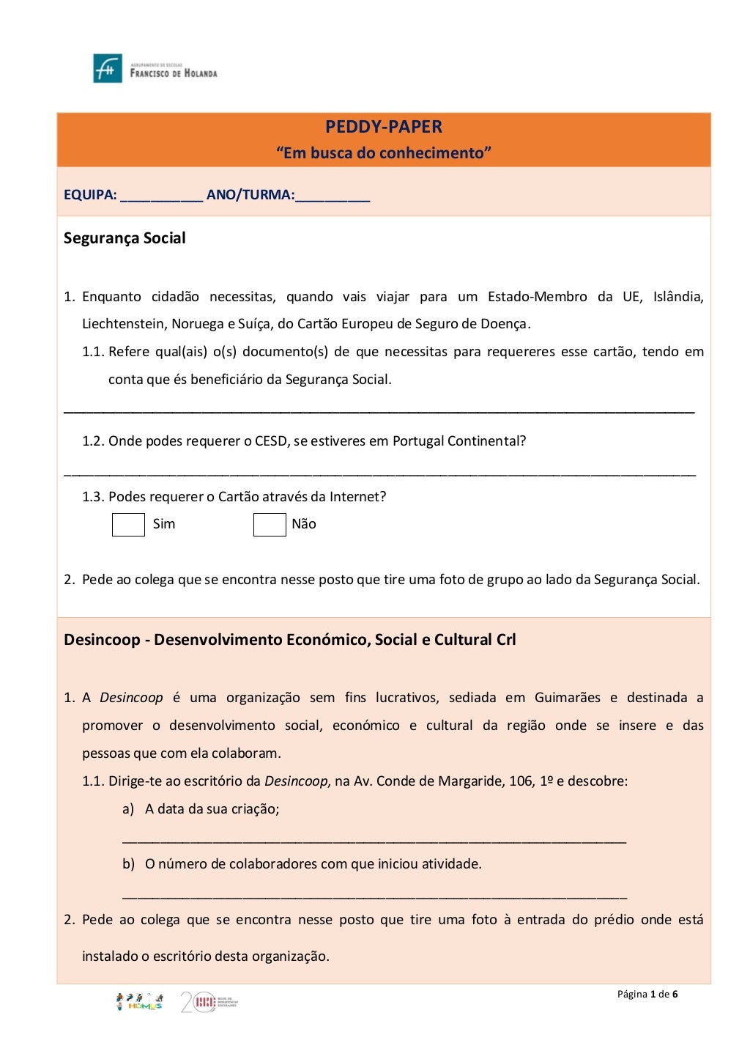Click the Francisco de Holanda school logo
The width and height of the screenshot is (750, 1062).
[155, 68]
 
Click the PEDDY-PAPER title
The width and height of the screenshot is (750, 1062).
[383, 127]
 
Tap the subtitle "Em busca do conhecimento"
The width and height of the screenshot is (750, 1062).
[383, 153]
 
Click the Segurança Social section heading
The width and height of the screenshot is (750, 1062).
[125, 238]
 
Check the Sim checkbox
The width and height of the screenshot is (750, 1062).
[128, 525]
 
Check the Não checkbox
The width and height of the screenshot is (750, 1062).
[270, 525]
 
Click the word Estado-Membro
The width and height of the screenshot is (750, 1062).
[537, 297]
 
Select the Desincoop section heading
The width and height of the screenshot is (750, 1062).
[289, 640]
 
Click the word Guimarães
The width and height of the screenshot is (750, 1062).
[567, 698]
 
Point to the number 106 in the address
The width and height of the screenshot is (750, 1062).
[521, 781]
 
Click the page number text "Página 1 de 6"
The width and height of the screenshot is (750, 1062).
[647, 995]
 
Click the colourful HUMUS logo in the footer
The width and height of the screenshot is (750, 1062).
[139, 1002]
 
